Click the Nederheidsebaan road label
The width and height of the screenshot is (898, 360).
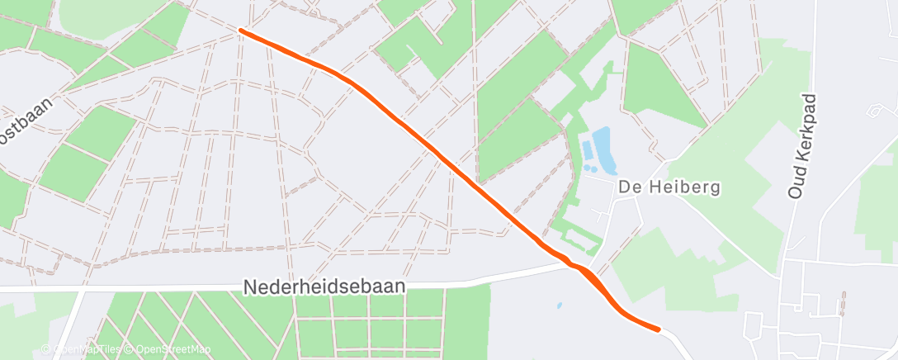(x=325, y=286)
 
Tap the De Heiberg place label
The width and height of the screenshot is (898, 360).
(x=669, y=187)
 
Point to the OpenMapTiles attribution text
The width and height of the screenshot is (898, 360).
(x=87, y=349)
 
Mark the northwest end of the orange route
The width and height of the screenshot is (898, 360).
(x=240, y=31)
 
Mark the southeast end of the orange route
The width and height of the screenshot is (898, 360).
(x=658, y=329)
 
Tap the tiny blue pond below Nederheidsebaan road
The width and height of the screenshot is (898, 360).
(x=559, y=306)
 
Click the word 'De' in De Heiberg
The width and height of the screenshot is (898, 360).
(x=627, y=187)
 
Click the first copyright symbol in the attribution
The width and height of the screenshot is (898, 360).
(x=46, y=349)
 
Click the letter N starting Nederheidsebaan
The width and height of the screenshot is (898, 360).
(x=250, y=287)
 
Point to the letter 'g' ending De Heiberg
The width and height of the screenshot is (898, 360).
(x=715, y=189)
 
